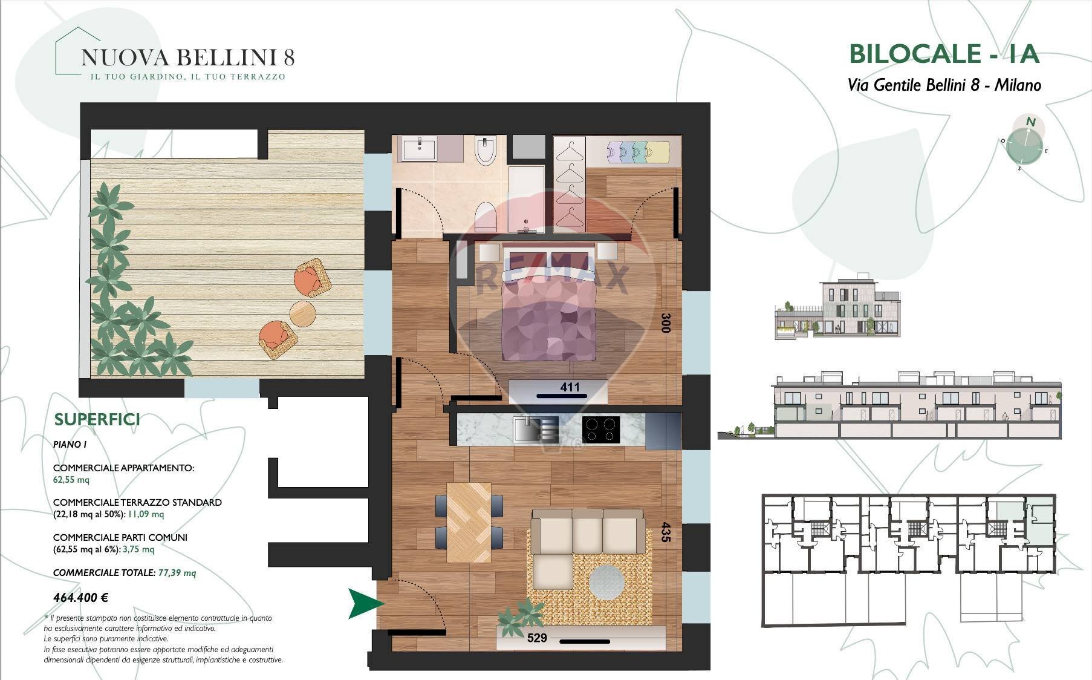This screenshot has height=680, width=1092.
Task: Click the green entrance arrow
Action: pos(366,603)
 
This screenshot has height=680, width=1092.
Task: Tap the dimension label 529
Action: pos(537,638)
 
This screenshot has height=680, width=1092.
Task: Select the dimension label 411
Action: pos(570,387)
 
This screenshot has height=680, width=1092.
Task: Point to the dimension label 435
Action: pos(666,532)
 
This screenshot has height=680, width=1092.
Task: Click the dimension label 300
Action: pos(666,322)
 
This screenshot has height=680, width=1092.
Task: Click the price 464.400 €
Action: pos(80,598)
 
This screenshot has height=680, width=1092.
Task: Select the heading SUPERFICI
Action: pos(97,419)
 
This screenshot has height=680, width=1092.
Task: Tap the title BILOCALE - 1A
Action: pos(944,54)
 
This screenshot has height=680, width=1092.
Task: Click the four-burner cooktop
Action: pos(601,430)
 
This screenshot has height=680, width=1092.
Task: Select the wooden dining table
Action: pos(469,521)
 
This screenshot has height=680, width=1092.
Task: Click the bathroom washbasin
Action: pos(418,148)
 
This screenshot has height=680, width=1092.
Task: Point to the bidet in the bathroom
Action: pos(485,151)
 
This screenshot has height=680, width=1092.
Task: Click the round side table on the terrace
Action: pos(303,313)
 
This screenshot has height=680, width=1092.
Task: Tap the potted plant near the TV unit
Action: pos(520,617)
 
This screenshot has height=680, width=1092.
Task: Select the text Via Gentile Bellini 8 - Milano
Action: pos(944,85)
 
